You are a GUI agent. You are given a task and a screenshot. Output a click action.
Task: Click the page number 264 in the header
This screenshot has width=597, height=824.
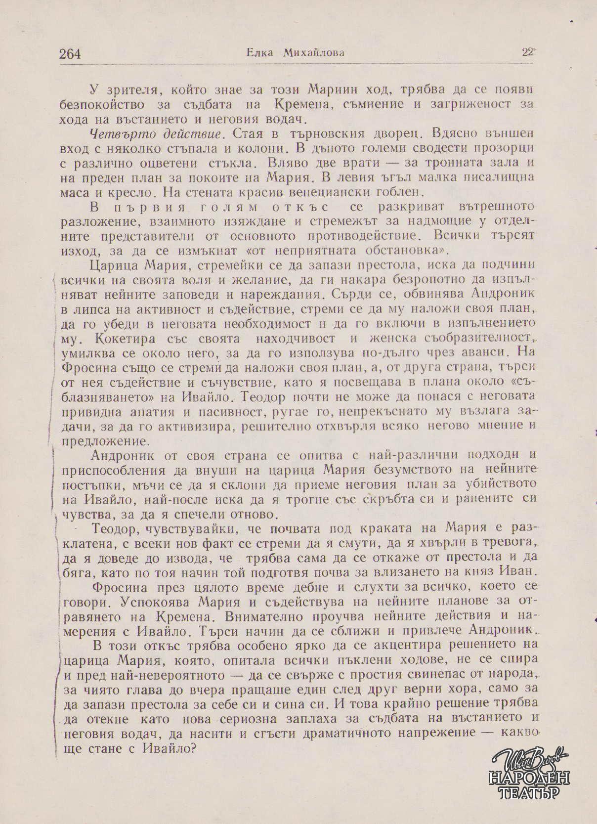[70, 53]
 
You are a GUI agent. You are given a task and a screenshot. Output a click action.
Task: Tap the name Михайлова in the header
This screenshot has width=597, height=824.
[313, 53]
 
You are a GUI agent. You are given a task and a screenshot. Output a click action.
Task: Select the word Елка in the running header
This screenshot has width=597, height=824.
[258, 53]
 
